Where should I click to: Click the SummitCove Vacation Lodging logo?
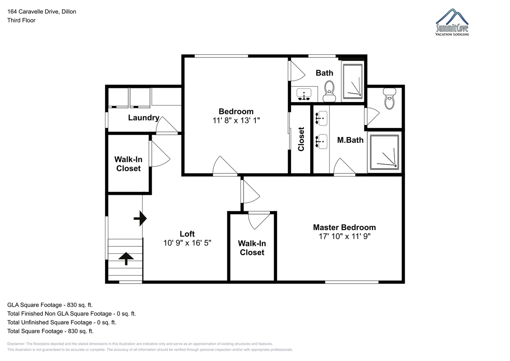click(x=452, y=22)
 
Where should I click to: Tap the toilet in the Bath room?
click(x=329, y=91)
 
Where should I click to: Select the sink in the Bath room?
click(x=304, y=94)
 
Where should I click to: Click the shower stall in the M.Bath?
click(x=384, y=152)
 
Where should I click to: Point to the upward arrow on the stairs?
click(x=126, y=259)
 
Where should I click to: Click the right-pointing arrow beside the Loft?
click(x=140, y=219)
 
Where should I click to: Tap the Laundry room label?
click(x=144, y=118)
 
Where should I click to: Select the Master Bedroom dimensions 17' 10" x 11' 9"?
click(x=345, y=236)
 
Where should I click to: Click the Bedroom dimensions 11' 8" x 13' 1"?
click(x=236, y=120)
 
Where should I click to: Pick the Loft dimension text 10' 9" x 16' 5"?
click(x=187, y=243)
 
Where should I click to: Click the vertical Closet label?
click(x=301, y=139)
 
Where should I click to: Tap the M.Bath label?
click(x=350, y=140)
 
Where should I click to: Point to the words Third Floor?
click(x=21, y=20)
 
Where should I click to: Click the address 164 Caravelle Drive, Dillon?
click(x=42, y=11)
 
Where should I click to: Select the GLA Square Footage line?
click(x=50, y=305)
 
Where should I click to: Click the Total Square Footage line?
click(x=50, y=331)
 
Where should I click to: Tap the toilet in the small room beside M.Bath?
click(x=390, y=99)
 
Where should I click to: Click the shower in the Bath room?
click(x=353, y=82)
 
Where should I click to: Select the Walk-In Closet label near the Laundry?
click(x=128, y=164)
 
